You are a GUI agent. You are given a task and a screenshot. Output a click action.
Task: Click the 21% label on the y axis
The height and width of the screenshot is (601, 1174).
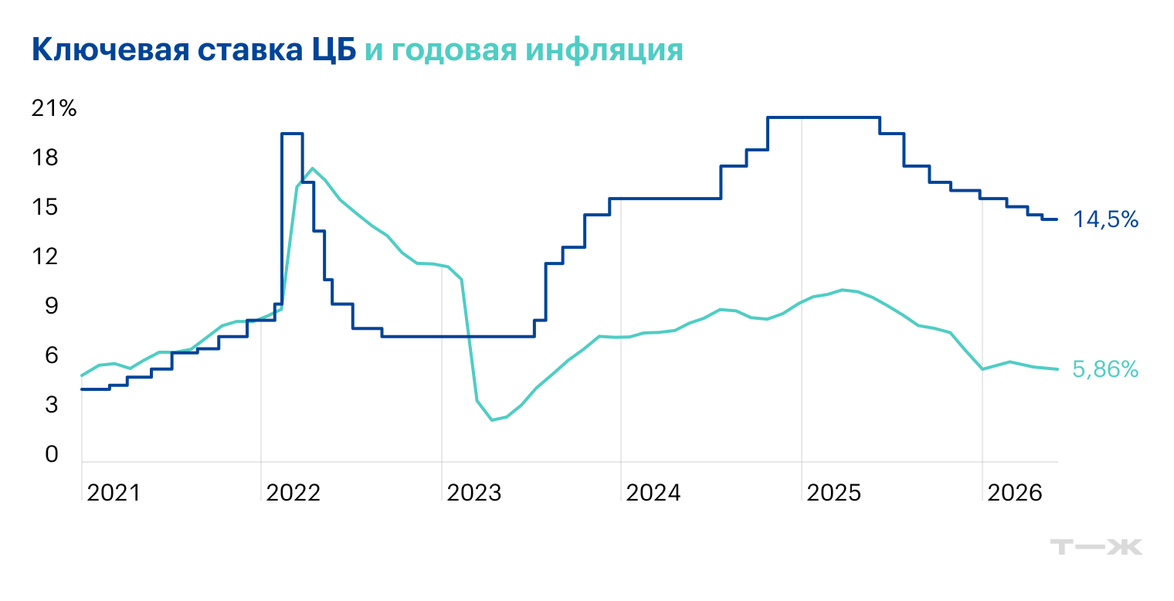click(x=54, y=109)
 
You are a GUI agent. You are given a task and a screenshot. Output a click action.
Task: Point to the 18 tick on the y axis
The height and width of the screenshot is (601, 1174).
click(x=46, y=158)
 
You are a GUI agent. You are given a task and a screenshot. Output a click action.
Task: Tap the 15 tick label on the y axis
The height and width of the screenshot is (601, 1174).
click(x=46, y=208)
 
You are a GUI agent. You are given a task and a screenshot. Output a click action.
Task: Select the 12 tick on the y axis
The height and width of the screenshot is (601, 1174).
click(x=46, y=256)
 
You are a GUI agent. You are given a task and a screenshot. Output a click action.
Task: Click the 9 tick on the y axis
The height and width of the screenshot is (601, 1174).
click(x=51, y=307)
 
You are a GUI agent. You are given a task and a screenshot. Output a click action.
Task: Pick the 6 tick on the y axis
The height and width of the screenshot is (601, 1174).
click(x=51, y=356)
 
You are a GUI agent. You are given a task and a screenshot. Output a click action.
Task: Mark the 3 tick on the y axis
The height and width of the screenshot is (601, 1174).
click(x=51, y=405)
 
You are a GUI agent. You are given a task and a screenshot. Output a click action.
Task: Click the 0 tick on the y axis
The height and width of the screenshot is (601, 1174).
click(x=51, y=455)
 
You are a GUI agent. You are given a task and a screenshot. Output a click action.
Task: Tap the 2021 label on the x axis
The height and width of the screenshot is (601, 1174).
click(x=114, y=492)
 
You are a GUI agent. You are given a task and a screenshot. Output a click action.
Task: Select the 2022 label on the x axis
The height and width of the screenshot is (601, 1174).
click(x=293, y=492)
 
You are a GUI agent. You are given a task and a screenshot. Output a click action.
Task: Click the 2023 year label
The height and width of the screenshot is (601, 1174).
click(x=473, y=492)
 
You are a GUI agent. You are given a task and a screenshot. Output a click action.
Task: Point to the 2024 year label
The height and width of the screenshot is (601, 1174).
click(x=653, y=492)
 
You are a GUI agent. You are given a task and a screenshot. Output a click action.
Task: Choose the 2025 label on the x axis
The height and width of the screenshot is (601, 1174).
click(x=833, y=492)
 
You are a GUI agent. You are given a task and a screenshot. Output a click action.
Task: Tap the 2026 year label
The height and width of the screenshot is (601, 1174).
click(x=1014, y=492)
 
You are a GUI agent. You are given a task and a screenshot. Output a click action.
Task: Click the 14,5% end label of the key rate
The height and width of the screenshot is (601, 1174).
click(x=1105, y=220)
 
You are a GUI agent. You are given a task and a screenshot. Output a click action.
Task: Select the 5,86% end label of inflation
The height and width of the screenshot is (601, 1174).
click(x=1105, y=370)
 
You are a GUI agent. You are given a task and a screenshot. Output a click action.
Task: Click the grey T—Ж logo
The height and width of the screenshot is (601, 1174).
click(x=1096, y=547)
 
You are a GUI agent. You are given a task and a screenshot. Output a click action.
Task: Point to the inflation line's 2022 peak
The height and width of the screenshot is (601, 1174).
click(x=311, y=168)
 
